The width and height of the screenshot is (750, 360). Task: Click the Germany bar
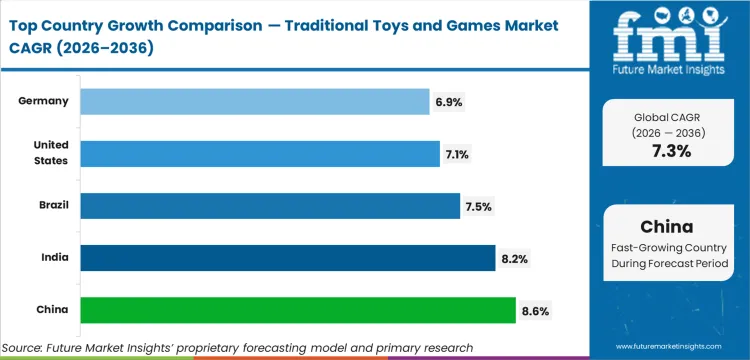pos(254,101)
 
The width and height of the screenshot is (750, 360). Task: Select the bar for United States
pos(259,153)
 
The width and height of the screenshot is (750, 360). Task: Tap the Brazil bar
pos(270,206)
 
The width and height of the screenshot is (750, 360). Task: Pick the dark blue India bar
pos(287,258)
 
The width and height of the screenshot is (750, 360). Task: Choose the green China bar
pos(297,310)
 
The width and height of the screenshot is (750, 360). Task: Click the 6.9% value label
pos(448,102)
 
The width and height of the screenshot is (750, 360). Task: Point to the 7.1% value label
pos(458,154)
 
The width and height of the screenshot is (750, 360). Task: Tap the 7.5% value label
pos(478,206)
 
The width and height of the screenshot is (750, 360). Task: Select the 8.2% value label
pos(514,258)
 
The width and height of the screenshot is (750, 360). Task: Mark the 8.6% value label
pos(535,311)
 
